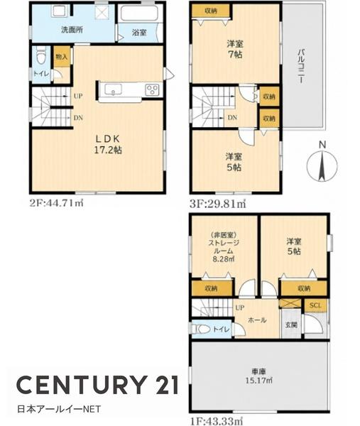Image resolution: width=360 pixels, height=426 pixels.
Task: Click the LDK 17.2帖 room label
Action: pyautogui.click(x=108, y=145)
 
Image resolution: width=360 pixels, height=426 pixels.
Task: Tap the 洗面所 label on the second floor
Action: pyautogui.click(x=72, y=30)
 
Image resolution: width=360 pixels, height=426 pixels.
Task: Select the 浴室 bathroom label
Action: pyautogui.click(x=139, y=33)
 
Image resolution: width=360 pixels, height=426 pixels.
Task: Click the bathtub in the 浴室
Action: pyautogui.click(x=139, y=13)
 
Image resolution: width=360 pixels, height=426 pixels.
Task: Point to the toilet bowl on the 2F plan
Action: pyautogui.click(x=41, y=56)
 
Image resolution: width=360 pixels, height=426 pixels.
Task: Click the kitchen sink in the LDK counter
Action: pyautogui.click(x=114, y=89)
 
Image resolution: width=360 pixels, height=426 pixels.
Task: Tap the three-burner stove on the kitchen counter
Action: pyautogui.click(x=152, y=89)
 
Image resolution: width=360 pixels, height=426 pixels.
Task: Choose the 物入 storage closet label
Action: pyautogui.click(x=61, y=57)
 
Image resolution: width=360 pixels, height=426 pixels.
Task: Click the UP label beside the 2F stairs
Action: pyautogui.click(x=78, y=96)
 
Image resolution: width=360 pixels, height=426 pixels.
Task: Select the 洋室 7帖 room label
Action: pyautogui.click(x=235, y=49)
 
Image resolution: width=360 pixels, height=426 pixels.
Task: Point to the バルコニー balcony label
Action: pyautogui.click(x=301, y=66)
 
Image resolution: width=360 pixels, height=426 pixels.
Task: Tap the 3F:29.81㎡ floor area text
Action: pyautogui.click(x=218, y=204)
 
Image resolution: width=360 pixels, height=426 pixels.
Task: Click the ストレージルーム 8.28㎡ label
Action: pyautogui.click(x=224, y=247)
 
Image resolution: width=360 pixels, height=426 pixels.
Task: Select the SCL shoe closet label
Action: pyautogui.click(x=315, y=305)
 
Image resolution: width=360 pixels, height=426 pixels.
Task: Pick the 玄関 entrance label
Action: pyautogui.click(x=291, y=324)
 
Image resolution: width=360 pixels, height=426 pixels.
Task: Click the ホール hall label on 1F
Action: pyautogui.click(x=257, y=320)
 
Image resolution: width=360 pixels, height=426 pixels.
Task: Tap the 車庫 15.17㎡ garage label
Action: pyautogui.click(x=259, y=376)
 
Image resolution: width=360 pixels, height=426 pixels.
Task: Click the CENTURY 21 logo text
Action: pyautogui.click(x=98, y=385)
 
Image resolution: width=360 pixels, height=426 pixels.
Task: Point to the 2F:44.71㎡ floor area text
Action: pyautogui.click(x=56, y=203)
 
